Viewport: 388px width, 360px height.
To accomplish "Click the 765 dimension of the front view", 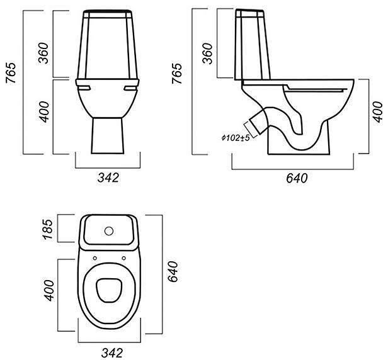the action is (x=11, y=73).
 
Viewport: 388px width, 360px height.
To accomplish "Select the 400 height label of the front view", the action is (x=45, y=112).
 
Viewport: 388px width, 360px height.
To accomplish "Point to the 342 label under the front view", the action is (x=108, y=177).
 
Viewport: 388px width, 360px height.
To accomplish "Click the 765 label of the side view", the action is (x=177, y=74).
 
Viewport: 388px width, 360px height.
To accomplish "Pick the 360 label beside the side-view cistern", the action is (x=207, y=53).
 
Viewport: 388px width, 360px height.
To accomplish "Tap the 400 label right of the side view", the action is (x=378, y=112).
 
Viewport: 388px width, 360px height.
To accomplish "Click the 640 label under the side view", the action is (x=297, y=178).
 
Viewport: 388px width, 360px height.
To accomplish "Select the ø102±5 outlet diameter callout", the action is (x=236, y=138).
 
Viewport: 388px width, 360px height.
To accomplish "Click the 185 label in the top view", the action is (x=48, y=229).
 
